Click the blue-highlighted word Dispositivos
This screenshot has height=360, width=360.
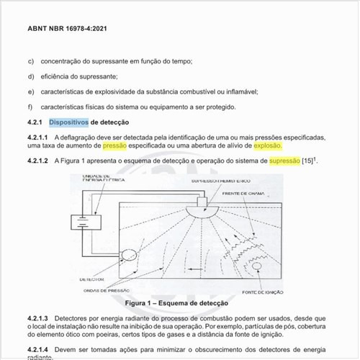(68, 122)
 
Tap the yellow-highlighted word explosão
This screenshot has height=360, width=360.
(268, 145)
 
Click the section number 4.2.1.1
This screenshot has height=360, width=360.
(38, 137)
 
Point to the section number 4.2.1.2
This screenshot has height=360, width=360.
(38, 161)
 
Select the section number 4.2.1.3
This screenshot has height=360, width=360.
(38, 318)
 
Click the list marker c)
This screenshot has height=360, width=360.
(30, 61)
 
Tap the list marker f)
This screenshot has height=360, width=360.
(30, 107)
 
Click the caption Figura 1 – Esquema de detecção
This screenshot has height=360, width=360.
(173, 303)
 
